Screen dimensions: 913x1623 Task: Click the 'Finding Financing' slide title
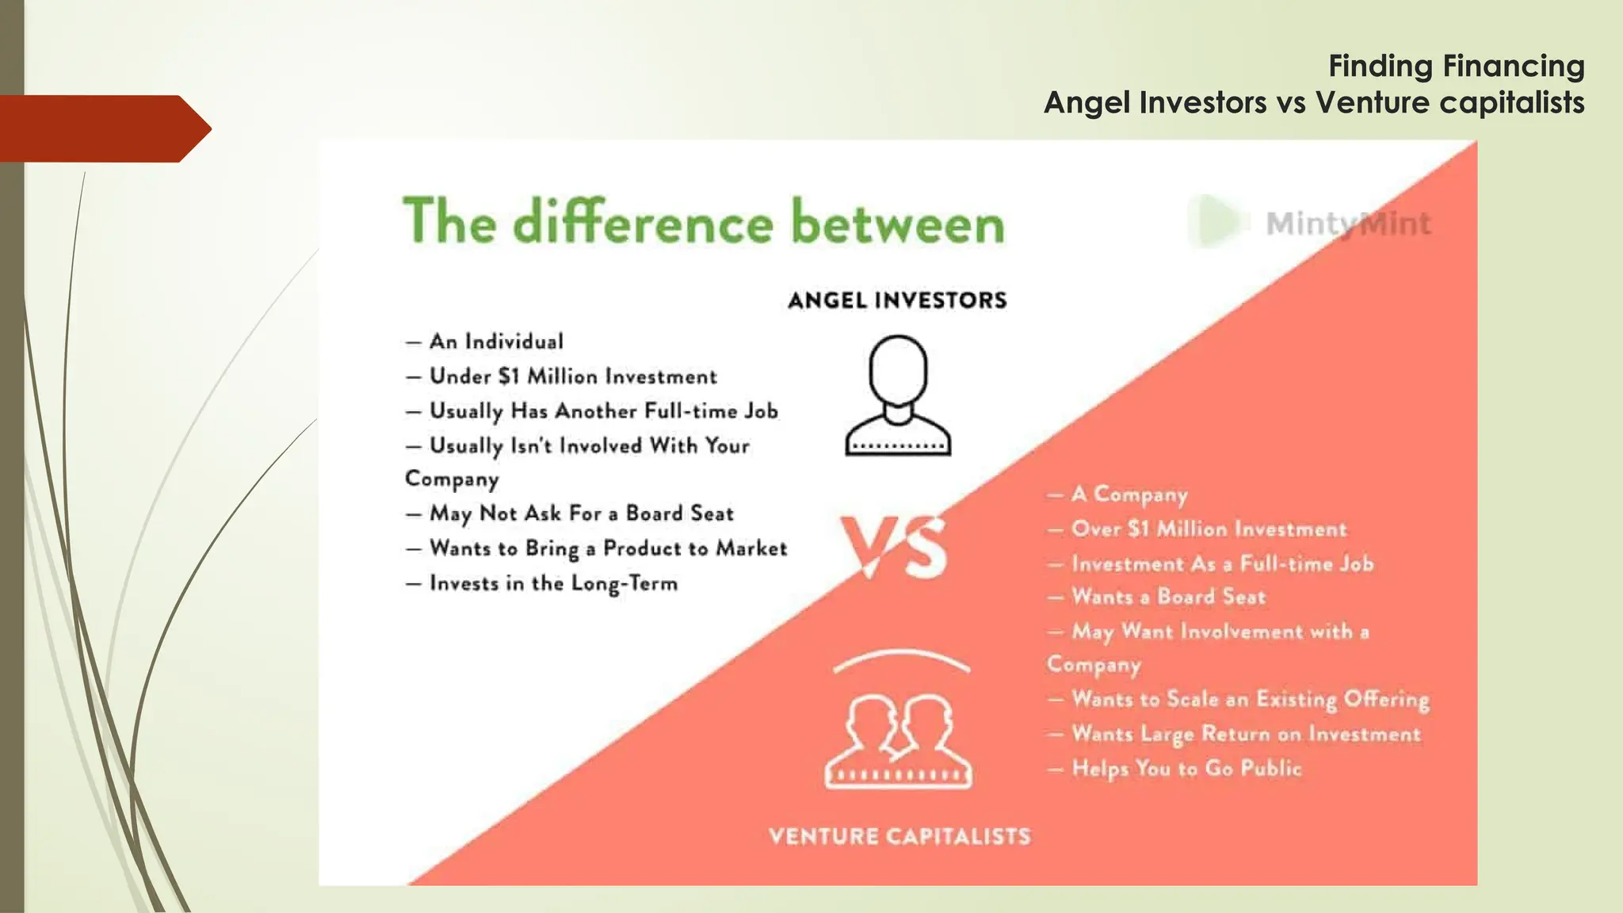click(1456, 66)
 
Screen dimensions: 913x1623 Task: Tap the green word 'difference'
click(643, 222)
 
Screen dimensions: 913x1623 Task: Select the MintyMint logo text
click(1348, 223)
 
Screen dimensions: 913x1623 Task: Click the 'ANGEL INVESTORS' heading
click(897, 300)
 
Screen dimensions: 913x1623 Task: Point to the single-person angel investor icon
click(898, 395)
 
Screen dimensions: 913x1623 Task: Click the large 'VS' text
click(894, 547)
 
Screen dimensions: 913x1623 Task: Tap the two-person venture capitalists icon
click(899, 741)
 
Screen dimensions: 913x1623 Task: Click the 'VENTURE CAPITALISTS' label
click(899, 836)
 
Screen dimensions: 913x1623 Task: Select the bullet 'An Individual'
click(496, 342)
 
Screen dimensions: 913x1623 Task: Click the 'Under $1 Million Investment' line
click(572, 376)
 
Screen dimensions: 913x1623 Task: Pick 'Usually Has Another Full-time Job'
click(603, 411)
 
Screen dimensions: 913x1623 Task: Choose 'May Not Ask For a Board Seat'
click(581, 514)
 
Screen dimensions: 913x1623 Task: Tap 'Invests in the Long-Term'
click(553, 583)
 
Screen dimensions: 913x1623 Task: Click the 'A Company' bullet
click(1128, 495)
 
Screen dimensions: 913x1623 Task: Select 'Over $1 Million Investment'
click(1208, 529)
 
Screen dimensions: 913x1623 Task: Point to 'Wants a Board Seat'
click(1168, 597)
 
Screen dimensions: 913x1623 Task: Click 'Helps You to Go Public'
click(1186, 768)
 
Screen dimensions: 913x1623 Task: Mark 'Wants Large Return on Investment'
click(1245, 734)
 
